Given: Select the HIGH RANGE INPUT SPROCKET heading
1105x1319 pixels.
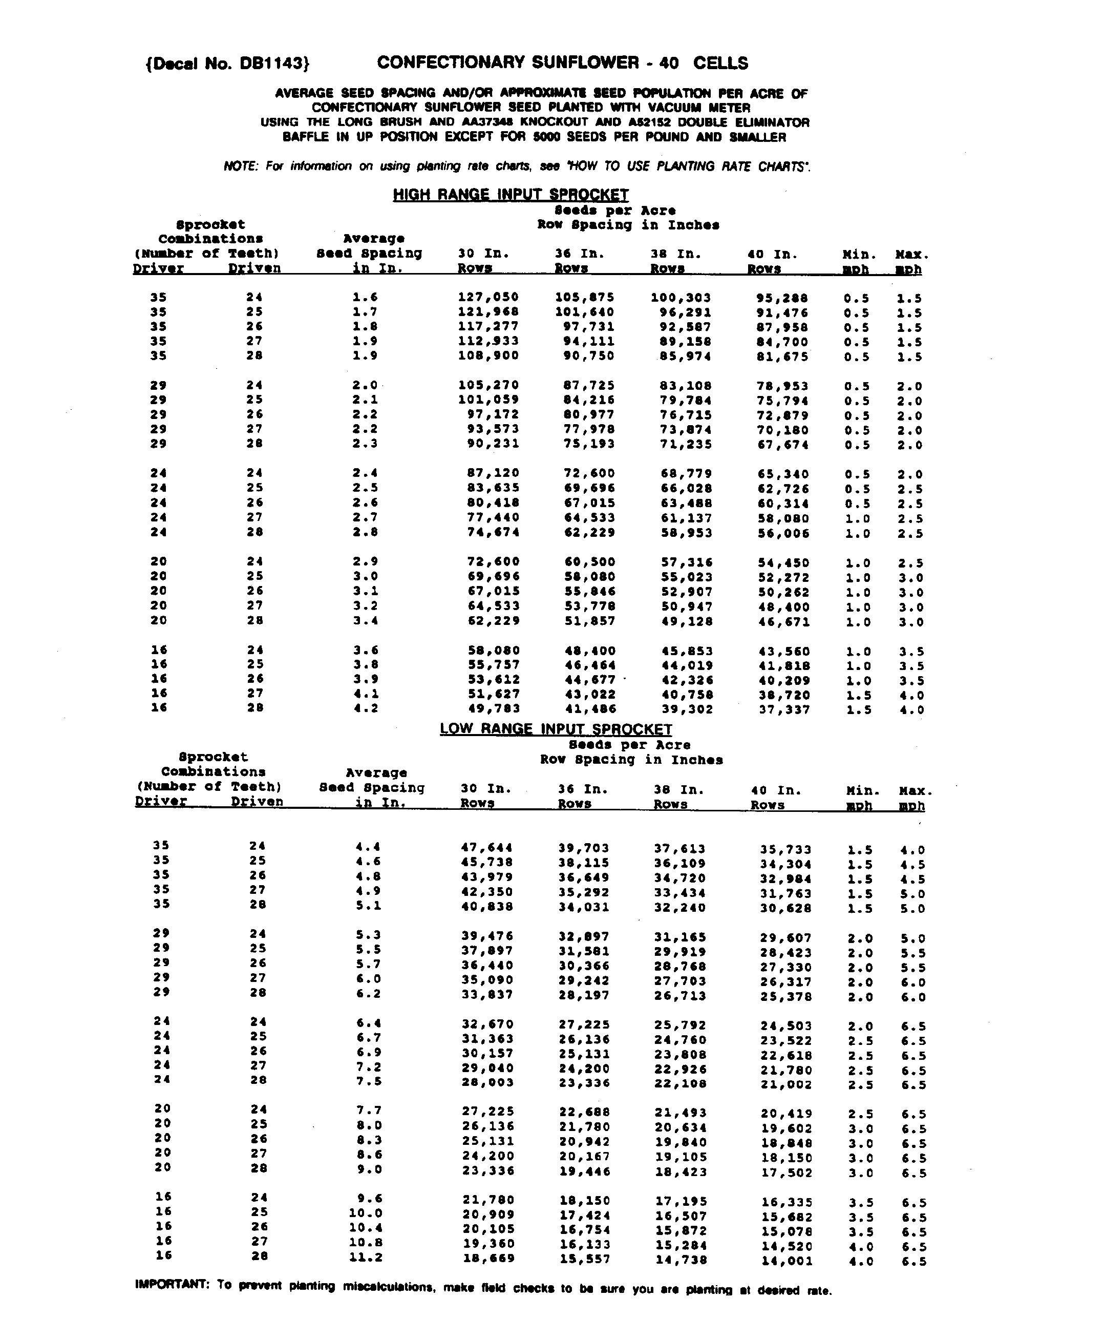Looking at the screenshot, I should [x=511, y=195].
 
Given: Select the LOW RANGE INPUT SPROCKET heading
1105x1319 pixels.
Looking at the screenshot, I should [x=556, y=729].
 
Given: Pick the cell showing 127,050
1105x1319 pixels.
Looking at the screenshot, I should [x=488, y=297].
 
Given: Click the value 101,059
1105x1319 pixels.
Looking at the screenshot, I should [x=488, y=400].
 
